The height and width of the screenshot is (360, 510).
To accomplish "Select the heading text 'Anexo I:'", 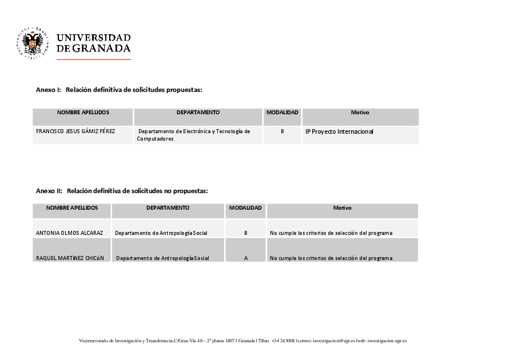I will tap(48, 90).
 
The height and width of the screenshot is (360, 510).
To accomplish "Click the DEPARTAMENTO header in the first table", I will tap(198, 113).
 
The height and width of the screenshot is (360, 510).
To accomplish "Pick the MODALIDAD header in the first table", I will tap(282, 113).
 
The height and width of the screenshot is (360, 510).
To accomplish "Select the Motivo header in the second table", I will tap(342, 208).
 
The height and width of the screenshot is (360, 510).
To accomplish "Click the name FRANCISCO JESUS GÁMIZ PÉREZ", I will tap(75, 131).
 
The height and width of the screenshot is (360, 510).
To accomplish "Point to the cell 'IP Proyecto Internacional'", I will tap(339, 131).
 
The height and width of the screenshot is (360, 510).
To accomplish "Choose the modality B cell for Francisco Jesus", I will tap(282, 131).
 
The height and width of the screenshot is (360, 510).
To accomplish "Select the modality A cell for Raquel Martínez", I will tap(246, 258).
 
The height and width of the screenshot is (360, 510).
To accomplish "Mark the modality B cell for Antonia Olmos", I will tap(246, 233).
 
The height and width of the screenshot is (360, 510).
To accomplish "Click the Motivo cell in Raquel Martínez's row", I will tap(331, 258).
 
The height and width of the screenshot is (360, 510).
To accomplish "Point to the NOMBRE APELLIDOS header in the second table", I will tap(72, 208).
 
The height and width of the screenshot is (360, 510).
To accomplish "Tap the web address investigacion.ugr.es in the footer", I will tap(387, 341).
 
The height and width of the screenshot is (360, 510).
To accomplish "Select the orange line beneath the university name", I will tap(94, 59).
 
